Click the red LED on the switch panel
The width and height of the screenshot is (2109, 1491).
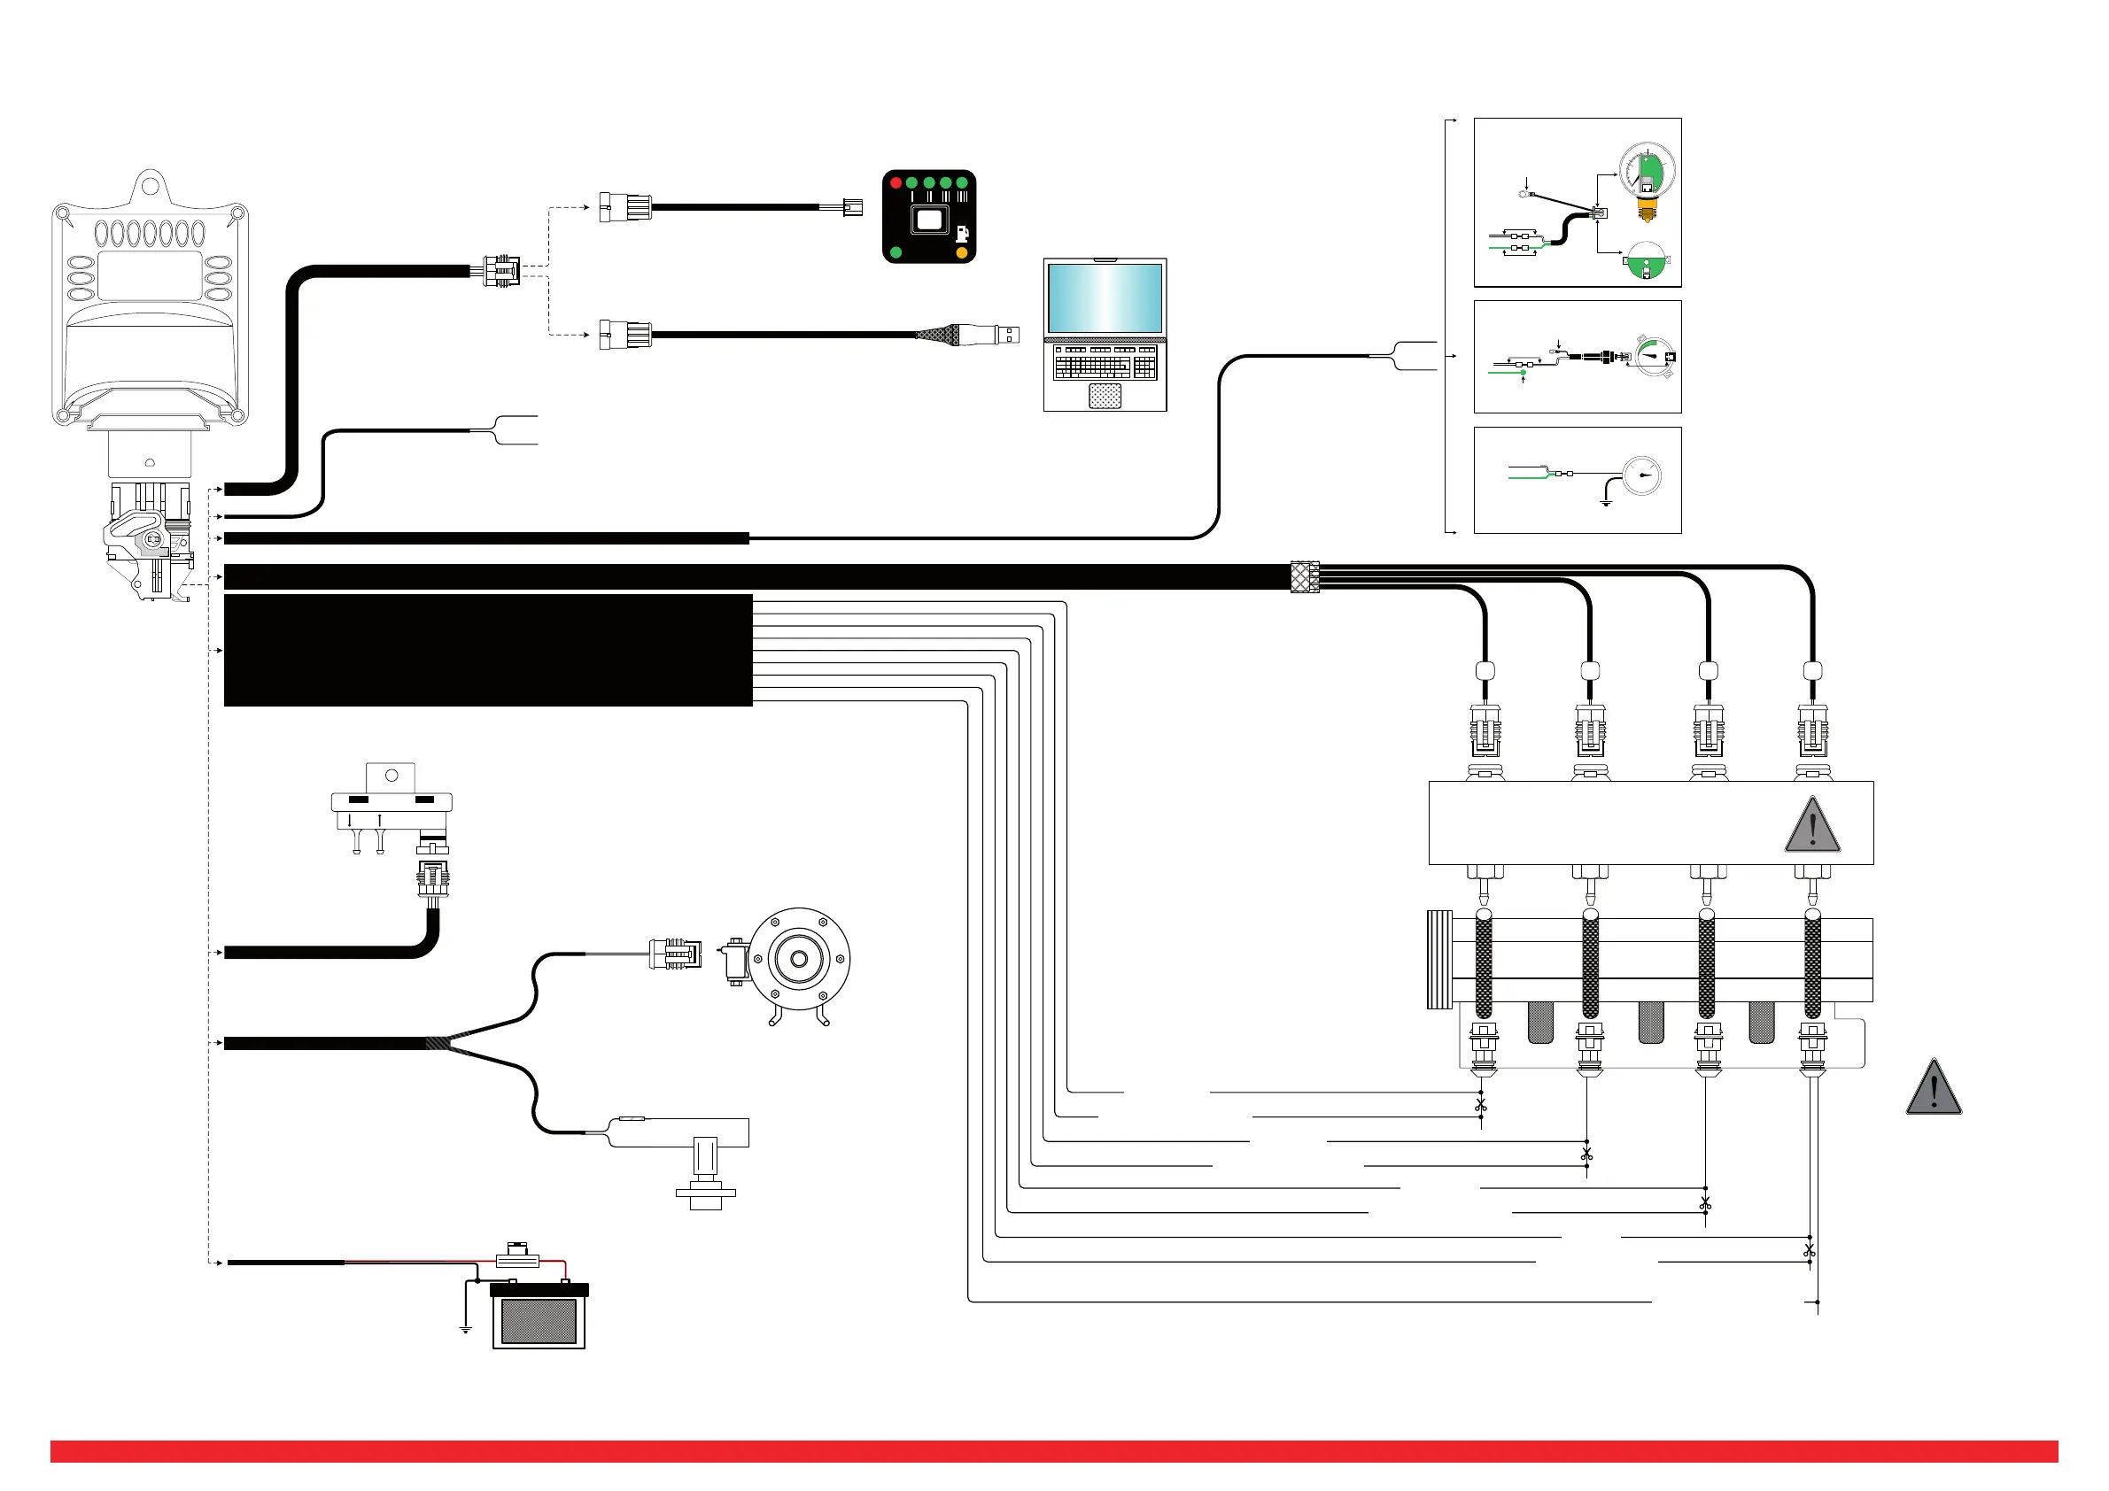(x=896, y=182)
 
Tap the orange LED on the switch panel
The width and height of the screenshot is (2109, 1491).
(x=962, y=252)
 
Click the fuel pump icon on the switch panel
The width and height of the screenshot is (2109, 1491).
(x=962, y=234)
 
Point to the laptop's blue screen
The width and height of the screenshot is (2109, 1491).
(x=1105, y=298)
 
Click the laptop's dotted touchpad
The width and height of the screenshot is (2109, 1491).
(x=1105, y=396)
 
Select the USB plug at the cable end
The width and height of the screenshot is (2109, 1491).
(x=1006, y=335)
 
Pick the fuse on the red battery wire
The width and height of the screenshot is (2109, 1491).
(x=517, y=1259)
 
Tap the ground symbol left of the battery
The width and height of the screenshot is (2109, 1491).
(x=466, y=1327)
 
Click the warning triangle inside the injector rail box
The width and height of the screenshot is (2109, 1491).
(x=1811, y=825)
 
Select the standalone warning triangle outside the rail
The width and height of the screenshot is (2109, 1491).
(x=1934, y=1088)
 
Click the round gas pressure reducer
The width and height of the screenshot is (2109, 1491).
(x=799, y=959)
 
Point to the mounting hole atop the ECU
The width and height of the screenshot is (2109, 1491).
(x=150, y=188)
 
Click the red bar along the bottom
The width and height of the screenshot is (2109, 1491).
(x=1053, y=1451)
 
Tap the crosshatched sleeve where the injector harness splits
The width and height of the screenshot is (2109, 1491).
(x=1305, y=576)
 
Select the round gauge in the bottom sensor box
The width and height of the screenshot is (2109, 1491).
(x=1641, y=475)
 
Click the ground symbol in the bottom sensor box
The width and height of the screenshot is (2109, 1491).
(x=1607, y=503)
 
